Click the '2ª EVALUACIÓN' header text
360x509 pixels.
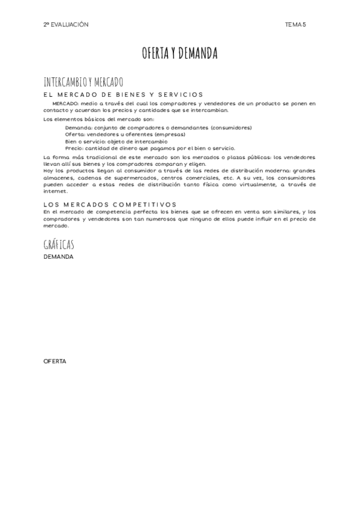(66, 25)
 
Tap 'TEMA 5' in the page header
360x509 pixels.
(296, 25)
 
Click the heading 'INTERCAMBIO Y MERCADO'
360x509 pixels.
(83, 82)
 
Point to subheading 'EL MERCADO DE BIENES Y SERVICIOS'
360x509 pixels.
(124, 95)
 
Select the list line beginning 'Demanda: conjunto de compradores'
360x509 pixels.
(158, 127)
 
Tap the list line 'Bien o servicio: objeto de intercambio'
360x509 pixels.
(116, 141)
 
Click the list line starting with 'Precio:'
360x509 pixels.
(150, 148)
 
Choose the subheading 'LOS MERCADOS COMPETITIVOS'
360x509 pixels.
(110, 205)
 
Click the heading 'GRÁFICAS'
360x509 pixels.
(59, 244)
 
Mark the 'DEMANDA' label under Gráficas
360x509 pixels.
(59, 257)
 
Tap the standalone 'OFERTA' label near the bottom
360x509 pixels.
(55, 361)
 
